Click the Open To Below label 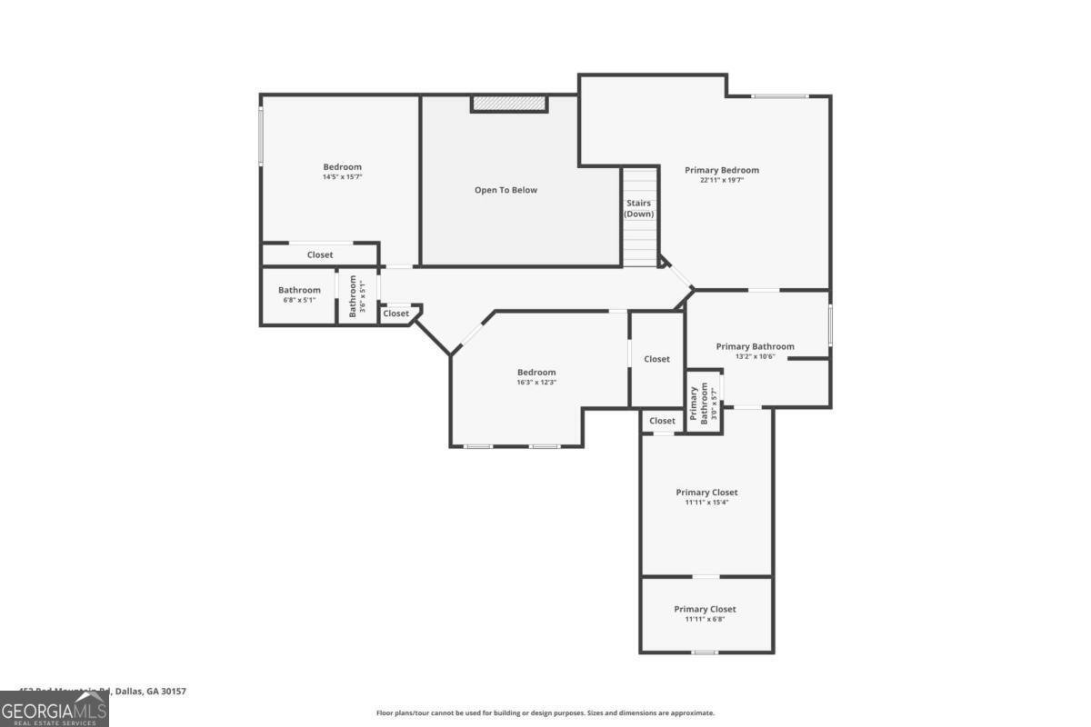pos(505,190)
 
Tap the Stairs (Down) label pos(638,208)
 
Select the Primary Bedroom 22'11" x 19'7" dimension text pos(722,181)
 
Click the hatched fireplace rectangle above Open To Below pos(509,105)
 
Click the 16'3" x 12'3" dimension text pos(536,383)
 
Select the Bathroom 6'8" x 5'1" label pos(299,294)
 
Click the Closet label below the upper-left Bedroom pos(319,254)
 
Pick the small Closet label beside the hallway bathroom pos(395,314)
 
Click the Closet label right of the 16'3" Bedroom pos(656,359)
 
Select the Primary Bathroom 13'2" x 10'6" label pos(755,351)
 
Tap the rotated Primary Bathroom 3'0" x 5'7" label pos(704,404)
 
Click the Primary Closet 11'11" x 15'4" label pos(706,497)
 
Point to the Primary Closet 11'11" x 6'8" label pos(705,613)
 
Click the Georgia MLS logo pos(54,709)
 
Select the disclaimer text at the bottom pos(545,713)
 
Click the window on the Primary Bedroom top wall pos(779,96)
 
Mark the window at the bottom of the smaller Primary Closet pos(705,652)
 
